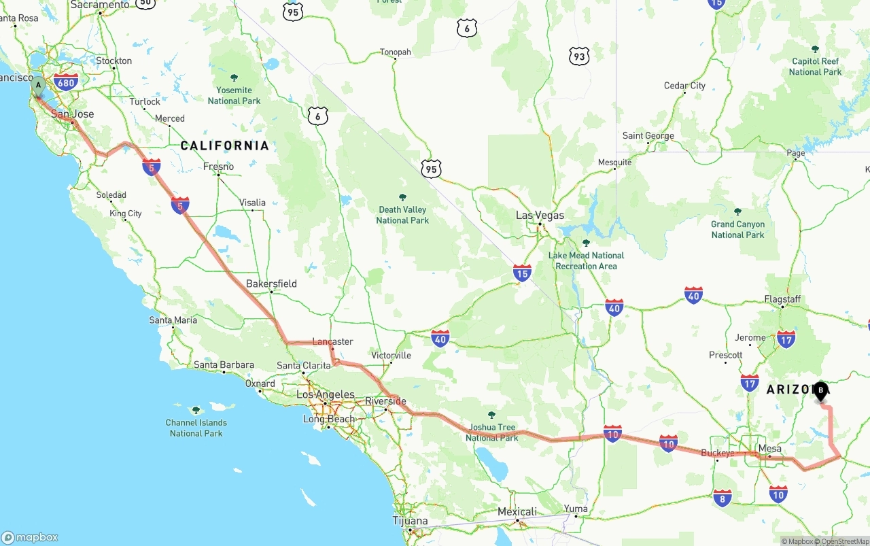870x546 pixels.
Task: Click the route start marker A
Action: tap(39, 87)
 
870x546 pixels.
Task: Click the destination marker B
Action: tap(821, 391)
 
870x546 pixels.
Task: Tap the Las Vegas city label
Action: tap(540, 215)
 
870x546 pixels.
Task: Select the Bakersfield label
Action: tap(271, 284)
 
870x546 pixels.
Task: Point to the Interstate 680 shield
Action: tap(66, 83)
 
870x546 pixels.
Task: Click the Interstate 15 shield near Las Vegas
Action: tap(522, 273)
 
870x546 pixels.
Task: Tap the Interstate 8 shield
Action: tap(723, 498)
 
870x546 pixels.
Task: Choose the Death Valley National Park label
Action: tap(402, 215)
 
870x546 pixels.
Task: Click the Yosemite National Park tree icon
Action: tap(234, 78)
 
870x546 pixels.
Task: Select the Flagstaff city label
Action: tap(782, 299)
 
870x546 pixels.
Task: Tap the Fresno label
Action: tap(218, 167)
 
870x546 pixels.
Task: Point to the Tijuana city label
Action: tap(411, 522)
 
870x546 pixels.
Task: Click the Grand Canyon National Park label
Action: tap(737, 229)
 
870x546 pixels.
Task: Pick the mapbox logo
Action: tap(30, 537)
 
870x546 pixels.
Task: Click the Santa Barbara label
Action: tap(224, 365)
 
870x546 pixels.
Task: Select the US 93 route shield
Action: tap(578, 56)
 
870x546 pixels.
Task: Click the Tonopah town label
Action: tap(395, 52)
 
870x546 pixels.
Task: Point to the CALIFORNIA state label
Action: tap(224, 146)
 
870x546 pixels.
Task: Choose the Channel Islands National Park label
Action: tap(196, 428)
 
